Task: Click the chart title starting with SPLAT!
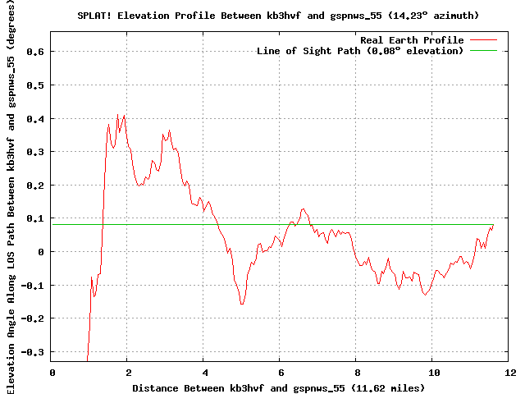[x=278, y=16]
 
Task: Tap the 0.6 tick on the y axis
[x=35, y=52]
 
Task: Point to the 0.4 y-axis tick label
[x=35, y=119]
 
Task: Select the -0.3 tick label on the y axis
[x=33, y=352]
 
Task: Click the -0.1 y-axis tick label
[x=33, y=286]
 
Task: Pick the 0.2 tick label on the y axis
[x=35, y=186]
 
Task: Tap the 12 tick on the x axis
[x=510, y=373]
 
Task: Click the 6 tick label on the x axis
[x=281, y=373]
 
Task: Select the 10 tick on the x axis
[x=434, y=373]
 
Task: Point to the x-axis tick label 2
[x=129, y=373]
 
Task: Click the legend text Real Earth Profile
[x=412, y=40]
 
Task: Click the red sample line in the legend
[x=483, y=40]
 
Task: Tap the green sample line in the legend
[x=483, y=51]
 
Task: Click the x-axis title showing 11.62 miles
[x=279, y=388]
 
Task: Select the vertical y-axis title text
[x=11, y=197]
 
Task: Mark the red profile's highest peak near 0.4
[x=117, y=115]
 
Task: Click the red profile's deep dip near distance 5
[x=242, y=304]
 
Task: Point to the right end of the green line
[x=494, y=224]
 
